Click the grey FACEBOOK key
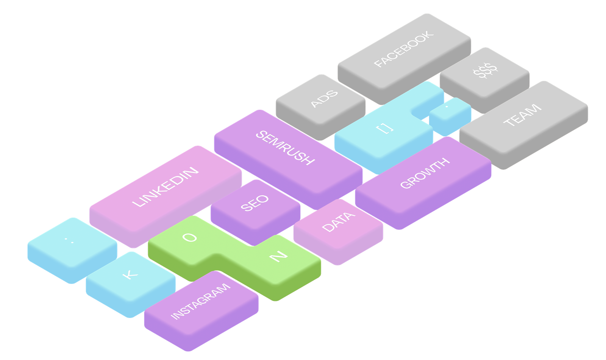404,49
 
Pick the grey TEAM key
522,115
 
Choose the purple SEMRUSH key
285,148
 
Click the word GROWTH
425,173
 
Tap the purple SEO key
255,203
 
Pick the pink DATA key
338,222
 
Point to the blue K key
130,274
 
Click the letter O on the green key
189,237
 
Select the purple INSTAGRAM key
200,301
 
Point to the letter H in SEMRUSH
308,160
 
